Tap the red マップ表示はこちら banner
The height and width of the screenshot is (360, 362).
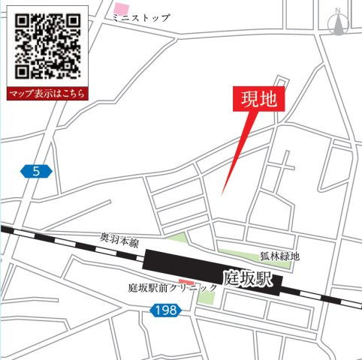[48, 94]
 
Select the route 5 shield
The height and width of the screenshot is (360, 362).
[36, 171]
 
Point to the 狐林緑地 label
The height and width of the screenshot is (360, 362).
[279, 256]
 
